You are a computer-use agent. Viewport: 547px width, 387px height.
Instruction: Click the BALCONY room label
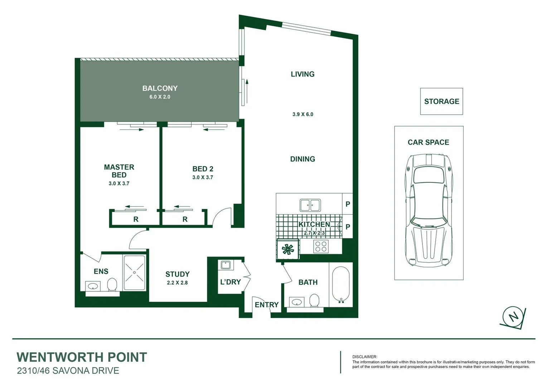(160, 89)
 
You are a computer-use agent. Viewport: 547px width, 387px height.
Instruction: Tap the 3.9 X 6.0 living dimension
(302, 114)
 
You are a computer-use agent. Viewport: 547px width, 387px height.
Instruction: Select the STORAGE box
(441, 101)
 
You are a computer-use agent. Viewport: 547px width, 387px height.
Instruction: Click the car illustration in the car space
(429, 210)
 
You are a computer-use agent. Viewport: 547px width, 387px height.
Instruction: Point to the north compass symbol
(513, 317)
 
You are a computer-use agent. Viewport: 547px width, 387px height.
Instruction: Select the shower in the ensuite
(134, 272)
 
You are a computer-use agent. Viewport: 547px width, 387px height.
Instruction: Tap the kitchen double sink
(310, 205)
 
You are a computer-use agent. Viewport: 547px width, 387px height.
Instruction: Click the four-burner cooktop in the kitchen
(321, 247)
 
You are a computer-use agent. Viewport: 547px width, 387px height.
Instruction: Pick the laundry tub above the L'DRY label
(226, 265)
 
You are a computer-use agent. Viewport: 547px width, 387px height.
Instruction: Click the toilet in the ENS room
(112, 285)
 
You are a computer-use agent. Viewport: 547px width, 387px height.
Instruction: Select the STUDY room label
(177, 274)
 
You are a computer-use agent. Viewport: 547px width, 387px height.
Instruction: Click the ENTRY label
(266, 305)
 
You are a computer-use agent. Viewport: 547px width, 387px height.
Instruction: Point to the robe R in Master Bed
(136, 219)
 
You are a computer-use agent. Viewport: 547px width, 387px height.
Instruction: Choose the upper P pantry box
(348, 204)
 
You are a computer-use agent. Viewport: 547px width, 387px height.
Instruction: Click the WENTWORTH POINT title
(82, 357)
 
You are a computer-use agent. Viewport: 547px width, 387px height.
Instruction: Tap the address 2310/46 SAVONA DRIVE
(68, 371)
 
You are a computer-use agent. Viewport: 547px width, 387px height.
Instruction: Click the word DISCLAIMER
(364, 357)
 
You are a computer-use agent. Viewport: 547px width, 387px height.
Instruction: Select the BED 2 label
(203, 169)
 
